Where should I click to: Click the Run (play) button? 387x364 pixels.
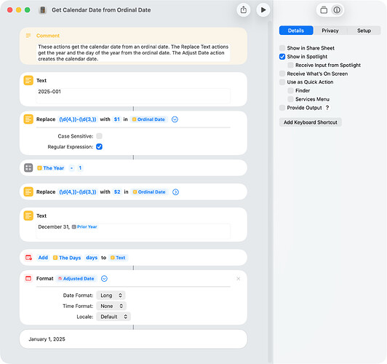tap(263, 10)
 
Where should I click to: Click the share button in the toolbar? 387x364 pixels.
tap(244, 10)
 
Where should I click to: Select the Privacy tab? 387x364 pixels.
tap(330, 31)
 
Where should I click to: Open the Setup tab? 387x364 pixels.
tap(364, 31)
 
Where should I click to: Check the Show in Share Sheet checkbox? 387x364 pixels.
tap(282, 48)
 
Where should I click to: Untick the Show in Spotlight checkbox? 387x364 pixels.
tap(282, 57)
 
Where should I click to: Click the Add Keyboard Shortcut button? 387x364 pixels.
tap(310, 122)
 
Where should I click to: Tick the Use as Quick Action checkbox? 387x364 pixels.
tap(282, 82)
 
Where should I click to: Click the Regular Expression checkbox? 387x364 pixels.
tap(99, 146)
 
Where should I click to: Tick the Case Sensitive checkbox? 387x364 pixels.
tap(99, 136)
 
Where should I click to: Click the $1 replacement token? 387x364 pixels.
tap(116, 119)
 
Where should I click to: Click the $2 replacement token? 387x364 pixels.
tap(117, 192)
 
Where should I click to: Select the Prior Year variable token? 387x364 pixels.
tap(84, 226)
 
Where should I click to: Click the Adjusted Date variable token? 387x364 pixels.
tap(76, 279)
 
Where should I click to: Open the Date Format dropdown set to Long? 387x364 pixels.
tap(111, 296)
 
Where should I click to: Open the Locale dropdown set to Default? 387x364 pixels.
tap(113, 317)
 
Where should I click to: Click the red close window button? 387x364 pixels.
tap(10, 10)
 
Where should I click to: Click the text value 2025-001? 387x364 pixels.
tap(49, 92)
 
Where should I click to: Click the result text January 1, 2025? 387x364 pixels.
tap(47, 339)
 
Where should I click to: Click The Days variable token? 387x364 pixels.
tap(67, 258)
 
